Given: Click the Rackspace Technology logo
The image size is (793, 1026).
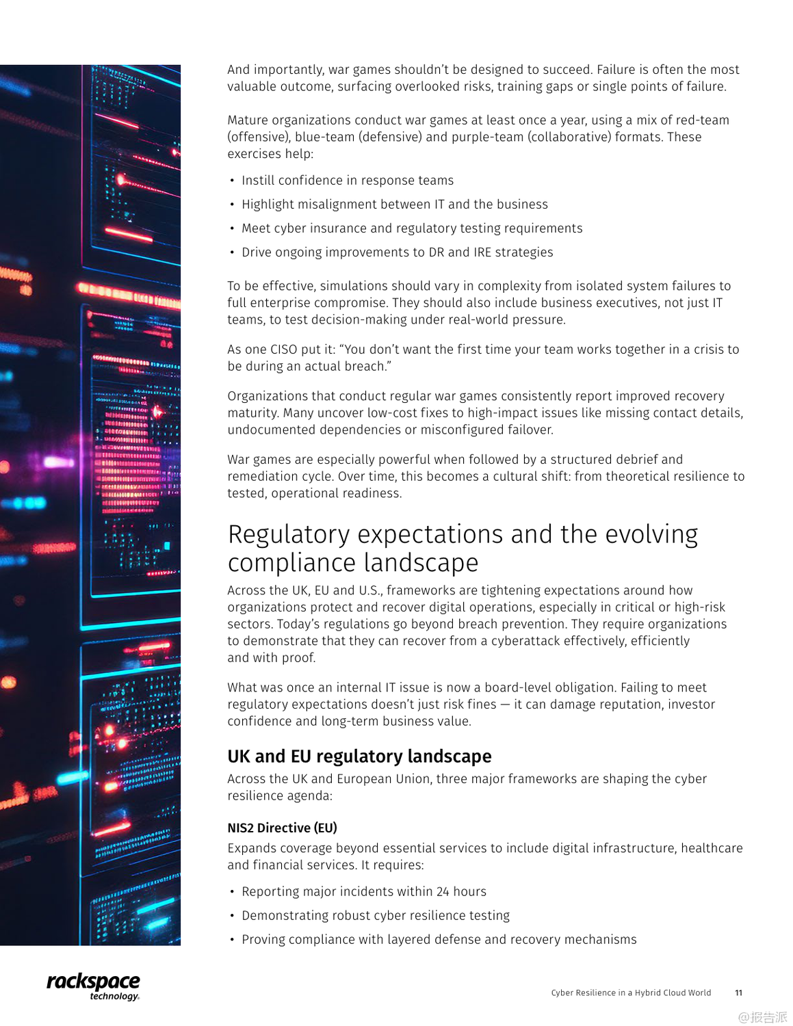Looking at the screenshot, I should (x=93, y=986).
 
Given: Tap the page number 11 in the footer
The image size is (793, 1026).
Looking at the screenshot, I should (x=738, y=993).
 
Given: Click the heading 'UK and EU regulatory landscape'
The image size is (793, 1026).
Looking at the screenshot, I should (x=359, y=757).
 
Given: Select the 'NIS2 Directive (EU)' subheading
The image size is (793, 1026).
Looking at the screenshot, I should (x=282, y=828).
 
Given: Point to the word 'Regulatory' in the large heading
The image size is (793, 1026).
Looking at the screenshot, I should (x=288, y=534).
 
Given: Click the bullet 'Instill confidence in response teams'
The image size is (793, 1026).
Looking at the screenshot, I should (x=347, y=181).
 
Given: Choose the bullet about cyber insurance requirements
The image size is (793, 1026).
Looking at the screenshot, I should (x=411, y=228).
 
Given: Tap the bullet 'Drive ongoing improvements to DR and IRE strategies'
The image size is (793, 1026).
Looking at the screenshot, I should (x=397, y=252).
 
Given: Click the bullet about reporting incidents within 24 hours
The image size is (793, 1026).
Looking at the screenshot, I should (x=363, y=892).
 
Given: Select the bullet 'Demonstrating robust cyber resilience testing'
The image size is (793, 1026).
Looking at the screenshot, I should (x=375, y=916).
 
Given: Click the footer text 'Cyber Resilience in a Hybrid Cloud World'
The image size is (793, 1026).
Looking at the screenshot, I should (x=631, y=993).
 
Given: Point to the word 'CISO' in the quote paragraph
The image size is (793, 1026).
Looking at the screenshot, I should (x=283, y=350).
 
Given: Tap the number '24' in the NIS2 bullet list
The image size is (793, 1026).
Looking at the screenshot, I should (x=443, y=892).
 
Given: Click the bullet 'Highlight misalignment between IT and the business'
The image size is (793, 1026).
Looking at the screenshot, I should (x=394, y=205).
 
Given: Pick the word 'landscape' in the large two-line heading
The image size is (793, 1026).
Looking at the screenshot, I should (x=421, y=563).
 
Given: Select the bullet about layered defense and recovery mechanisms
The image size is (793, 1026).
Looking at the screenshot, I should (x=439, y=940).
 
